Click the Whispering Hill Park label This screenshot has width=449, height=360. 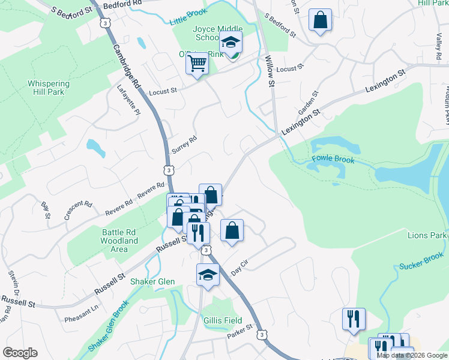click(48, 88)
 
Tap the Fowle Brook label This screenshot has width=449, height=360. click(333, 160)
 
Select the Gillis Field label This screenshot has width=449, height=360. click(223, 320)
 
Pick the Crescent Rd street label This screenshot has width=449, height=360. click(80, 211)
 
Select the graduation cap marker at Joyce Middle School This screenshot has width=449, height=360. click(229, 43)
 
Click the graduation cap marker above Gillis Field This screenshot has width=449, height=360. click(208, 275)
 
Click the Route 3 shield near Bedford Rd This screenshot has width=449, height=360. click(106, 22)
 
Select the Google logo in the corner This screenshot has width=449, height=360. click(20, 353)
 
